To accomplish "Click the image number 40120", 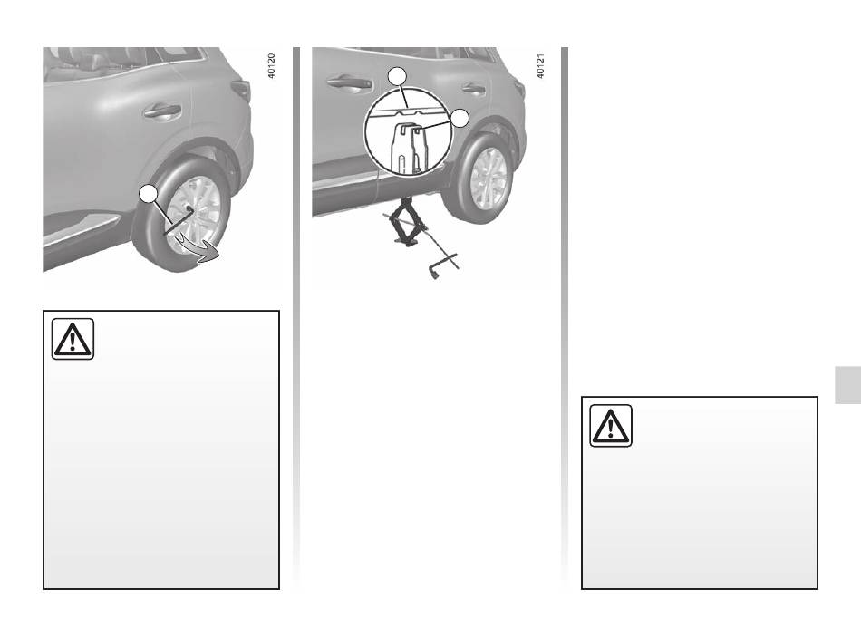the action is coord(271,65).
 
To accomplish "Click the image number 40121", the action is coord(540,65).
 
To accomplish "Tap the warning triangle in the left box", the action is coord(73,340).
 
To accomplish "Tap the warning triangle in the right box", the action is coord(611,426).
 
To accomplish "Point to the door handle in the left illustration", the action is coord(162,111).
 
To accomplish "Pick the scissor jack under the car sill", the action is coord(405,223).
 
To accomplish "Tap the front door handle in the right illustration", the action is coord(349,83).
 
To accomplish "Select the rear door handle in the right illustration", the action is coord(473,88).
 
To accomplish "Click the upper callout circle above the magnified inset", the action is coord(398,76).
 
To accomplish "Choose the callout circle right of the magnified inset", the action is coord(460,118).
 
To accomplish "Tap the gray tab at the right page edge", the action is coord(847,385).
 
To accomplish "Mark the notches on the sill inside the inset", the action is coord(410,111).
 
